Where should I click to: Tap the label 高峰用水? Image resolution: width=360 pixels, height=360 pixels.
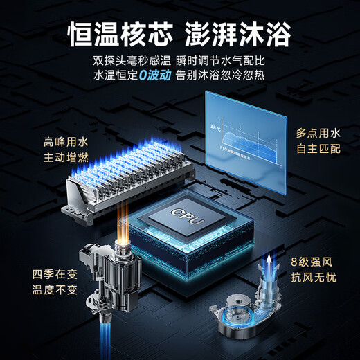[66, 143]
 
